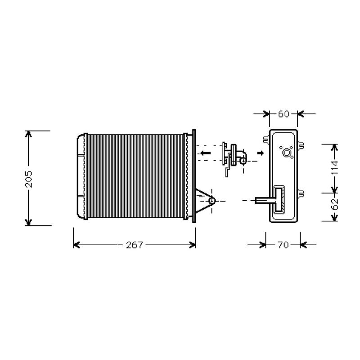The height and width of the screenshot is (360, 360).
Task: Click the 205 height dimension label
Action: [x=29, y=179]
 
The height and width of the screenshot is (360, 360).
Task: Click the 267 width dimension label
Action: [x=135, y=245]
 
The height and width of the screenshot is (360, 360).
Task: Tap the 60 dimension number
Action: [x=283, y=114]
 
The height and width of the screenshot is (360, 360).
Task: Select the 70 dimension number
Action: [x=283, y=245]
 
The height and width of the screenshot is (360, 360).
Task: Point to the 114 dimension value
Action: [x=335, y=167]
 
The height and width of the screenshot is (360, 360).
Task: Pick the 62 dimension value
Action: [x=335, y=204]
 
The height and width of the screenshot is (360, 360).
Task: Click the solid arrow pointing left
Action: [x=205, y=153]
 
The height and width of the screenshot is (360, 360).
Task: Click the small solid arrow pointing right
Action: [x=261, y=153]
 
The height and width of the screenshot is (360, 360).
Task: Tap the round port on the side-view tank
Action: [x=287, y=153]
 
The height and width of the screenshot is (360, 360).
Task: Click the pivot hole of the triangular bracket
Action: [x=211, y=201]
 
